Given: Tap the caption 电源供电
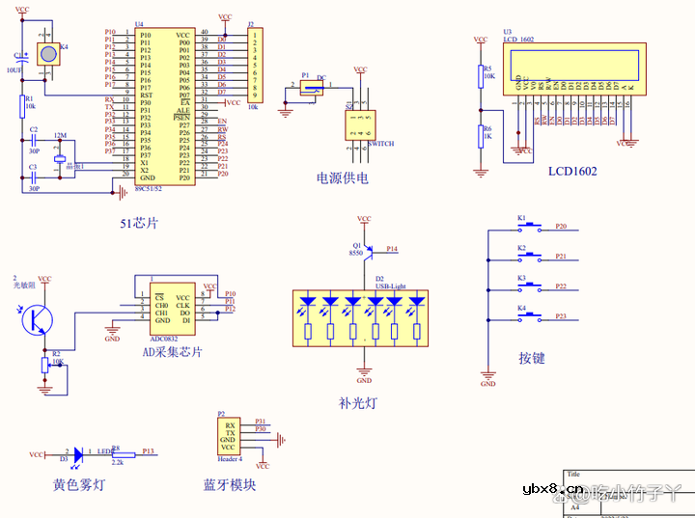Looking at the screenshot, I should pos(343,177).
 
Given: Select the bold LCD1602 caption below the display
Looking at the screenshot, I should pos(572,171).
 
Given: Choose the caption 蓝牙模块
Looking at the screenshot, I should pos(230,485).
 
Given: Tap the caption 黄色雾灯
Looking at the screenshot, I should pos(79,485).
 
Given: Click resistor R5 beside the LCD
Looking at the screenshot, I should pos(481,75).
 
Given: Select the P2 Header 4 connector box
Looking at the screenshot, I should pos(229,436).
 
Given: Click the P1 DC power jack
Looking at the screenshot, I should pos(310,89).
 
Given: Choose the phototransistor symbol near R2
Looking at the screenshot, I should pos(37,318).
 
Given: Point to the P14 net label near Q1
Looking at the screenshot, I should pos(392,249).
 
